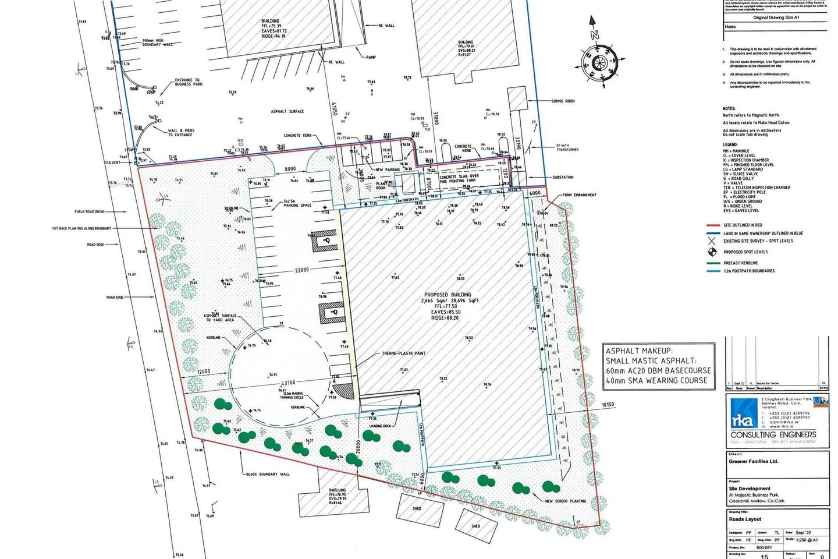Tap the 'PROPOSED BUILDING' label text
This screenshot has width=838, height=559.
tap(448, 295)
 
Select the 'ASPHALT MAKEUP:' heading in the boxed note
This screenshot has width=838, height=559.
tap(639, 351)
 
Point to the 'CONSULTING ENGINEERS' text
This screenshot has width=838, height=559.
tap(773, 434)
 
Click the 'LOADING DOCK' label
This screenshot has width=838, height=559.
tap(380, 426)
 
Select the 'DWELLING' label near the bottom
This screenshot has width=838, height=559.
tap(337, 490)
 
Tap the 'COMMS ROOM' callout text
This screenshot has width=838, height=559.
tap(563, 101)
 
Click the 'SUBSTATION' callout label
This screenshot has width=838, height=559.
tap(563, 177)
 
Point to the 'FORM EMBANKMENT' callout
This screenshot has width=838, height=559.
tap(579, 195)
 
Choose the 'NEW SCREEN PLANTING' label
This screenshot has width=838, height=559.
tap(566, 501)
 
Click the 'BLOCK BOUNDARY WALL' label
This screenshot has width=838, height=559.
tap(268, 474)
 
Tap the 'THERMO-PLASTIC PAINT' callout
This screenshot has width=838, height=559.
tap(403, 353)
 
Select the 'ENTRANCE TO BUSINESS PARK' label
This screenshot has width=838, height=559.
tap(187, 82)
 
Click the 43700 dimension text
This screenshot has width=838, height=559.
tap(288, 383)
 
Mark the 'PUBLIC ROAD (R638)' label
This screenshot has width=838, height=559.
tap(89, 212)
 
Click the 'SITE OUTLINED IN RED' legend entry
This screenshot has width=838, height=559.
tap(743, 225)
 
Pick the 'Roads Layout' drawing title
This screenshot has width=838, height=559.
tap(745, 519)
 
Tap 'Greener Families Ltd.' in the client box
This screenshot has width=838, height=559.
tap(753, 461)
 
